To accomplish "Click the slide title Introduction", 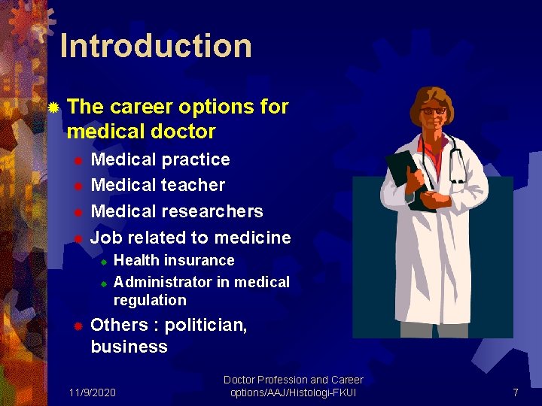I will pyautogui.click(x=155, y=46).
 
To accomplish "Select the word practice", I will pyautogui.click(x=196, y=159).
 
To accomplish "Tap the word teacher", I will pyautogui.click(x=193, y=185).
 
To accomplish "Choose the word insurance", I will pyautogui.click(x=199, y=261).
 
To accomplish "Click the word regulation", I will pyautogui.click(x=150, y=300).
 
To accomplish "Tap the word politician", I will pyautogui.click(x=206, y=326).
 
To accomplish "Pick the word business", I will pyautogui.click(x=129, y=347).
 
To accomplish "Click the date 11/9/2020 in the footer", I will pyautogui.click(x=92, y=392).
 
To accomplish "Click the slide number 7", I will pyautogui.click(x=515, y=392).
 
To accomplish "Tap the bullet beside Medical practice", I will pyautogui.click(x=77, y=160).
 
